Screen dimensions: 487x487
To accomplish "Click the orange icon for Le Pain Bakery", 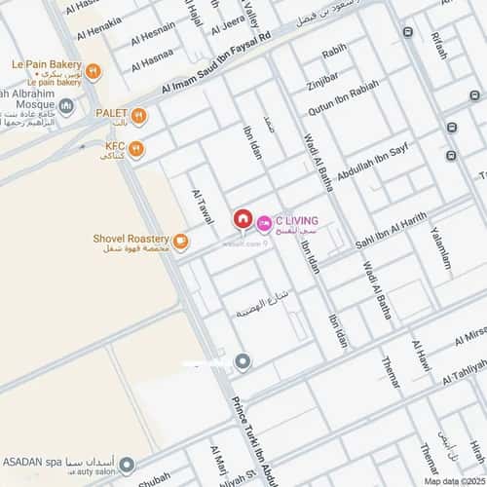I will (x=94, y=71).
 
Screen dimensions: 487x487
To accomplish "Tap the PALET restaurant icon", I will (x=139, y=117).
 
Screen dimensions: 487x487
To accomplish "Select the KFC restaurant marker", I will (x=135, y=149).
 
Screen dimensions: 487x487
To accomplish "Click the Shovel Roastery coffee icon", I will (x=181, y=241).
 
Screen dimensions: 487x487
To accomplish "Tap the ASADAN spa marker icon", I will (x=127, y=465).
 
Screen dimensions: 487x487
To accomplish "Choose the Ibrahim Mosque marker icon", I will (x=66, y=105).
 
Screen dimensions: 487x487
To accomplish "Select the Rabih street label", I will (x=334, y=51).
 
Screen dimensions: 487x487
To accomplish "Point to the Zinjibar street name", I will (x=322, y=79).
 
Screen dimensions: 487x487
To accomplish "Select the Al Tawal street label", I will (x=203, y=206).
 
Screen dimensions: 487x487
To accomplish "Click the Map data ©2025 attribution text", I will (x=453, y=480).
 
